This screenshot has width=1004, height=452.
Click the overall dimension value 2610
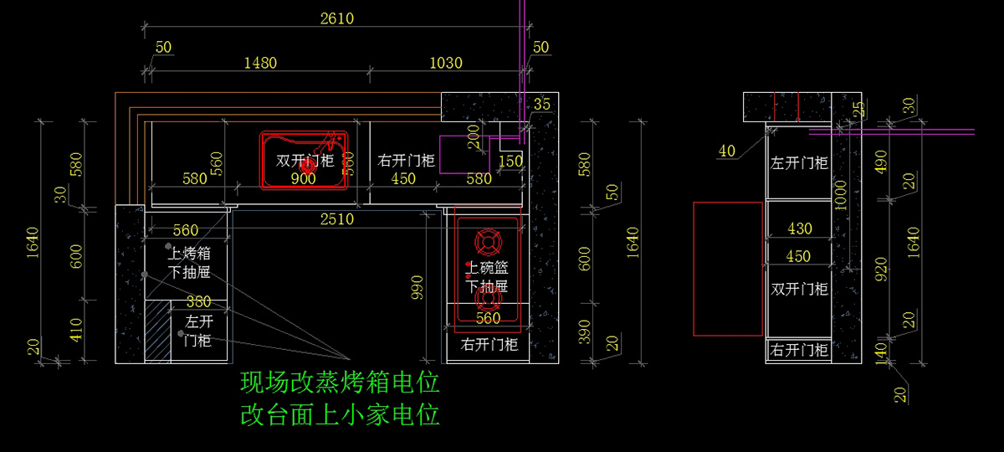tap(336, 18)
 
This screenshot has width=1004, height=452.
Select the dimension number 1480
tap(259, 63)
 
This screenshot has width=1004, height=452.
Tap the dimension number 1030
tap(446, 63)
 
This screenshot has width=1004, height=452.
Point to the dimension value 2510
tap(336, 219)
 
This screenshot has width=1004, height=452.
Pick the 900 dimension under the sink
tap(303, 178)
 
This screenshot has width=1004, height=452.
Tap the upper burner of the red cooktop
tap(489, 242)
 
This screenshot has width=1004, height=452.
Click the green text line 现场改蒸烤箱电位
tap(340, 384)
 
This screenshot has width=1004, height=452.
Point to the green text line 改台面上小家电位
tap(340, 414)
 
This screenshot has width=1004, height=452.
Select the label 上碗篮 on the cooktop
tap(488, 268)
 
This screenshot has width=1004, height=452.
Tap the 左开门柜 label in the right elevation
tap(799, 163)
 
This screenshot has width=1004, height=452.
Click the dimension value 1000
tap(841, 198)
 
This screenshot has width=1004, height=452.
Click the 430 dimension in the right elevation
tap(799, 229)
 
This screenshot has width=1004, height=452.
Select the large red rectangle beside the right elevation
tap(729, 268)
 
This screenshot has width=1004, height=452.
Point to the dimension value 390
tap(586, 331)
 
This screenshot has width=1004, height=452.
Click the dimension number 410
tap(76, 331)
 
